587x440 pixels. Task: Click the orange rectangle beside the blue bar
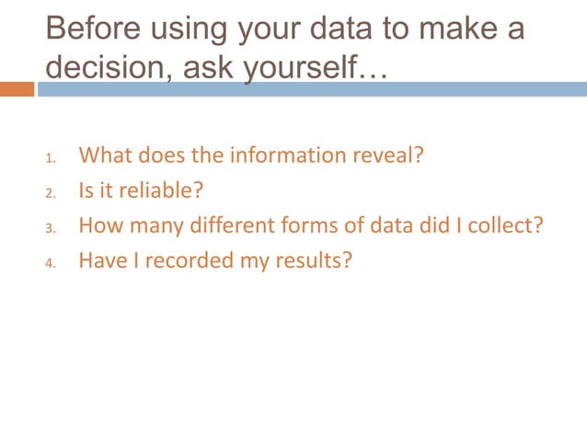click(17, 89)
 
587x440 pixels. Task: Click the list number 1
click(51, 157)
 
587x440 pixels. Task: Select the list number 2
click(51, 193)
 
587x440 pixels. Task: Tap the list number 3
click(51, 228)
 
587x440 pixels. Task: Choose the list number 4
click(51, 263)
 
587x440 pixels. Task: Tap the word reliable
click(156, 191)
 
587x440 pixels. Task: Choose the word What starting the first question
click(103, 155)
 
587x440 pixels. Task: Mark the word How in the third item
click(98, 226)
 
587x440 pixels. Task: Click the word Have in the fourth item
click(99, 261)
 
